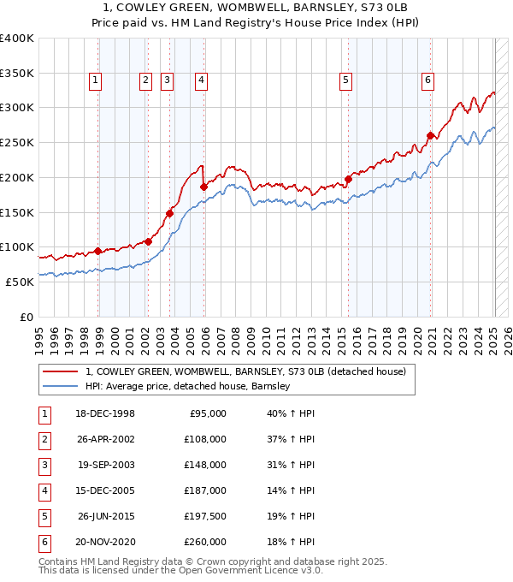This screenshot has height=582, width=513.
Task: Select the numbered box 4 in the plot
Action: (x=201, y=80)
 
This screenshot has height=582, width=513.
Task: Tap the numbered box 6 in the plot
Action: (x=427, y=80)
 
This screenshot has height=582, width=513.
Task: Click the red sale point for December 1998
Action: (x=98, y=251)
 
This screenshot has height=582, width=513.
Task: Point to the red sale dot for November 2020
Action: (x=430, y=135)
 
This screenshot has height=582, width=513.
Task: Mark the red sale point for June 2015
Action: (x=349, y=179)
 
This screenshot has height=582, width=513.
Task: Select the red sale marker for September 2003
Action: (x=170, y=213)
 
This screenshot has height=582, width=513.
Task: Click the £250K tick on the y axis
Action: (x=17, y=142)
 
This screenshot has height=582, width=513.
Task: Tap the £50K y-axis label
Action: (x=20, y=282)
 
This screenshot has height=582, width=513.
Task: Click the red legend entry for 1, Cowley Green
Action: (x=250, y=371)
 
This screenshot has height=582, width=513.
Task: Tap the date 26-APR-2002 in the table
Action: (x=106, y=439)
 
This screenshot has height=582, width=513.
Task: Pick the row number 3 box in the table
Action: (x=44, y=466)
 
